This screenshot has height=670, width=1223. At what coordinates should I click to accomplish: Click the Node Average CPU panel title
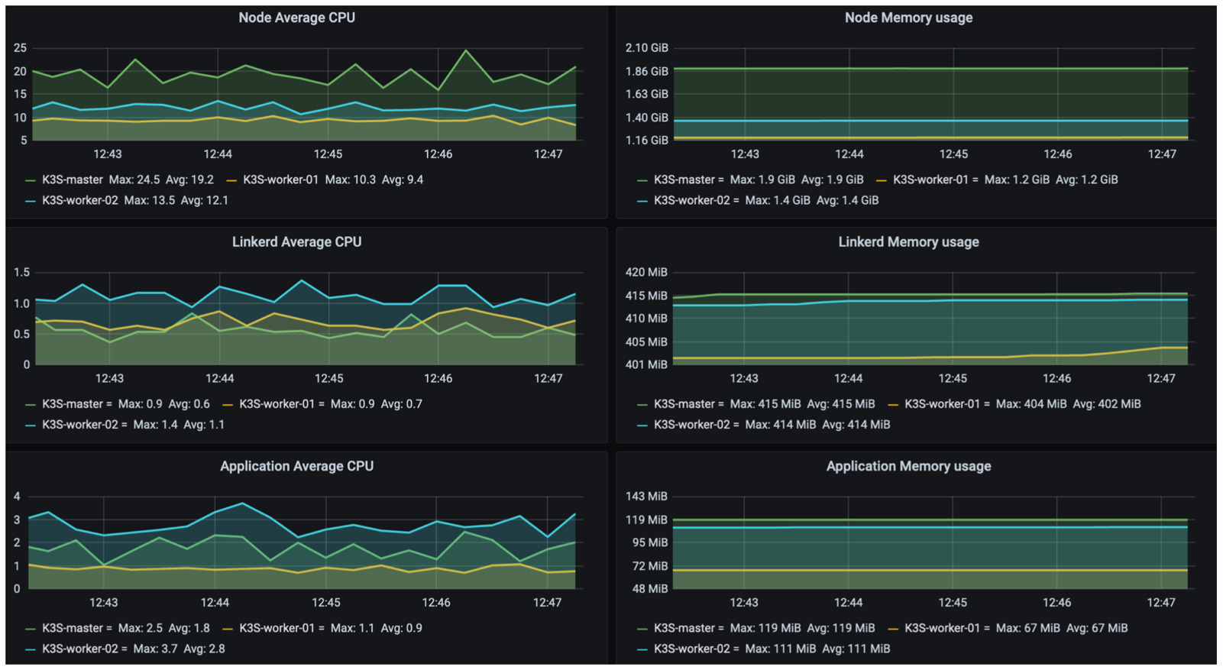[x=296, y=18]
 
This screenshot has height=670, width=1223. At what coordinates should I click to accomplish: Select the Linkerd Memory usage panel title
[x=908, y=242]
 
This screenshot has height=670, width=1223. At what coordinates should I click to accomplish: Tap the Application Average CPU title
[x=296, y=466]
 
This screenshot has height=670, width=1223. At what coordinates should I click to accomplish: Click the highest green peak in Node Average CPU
[x=466, y=50]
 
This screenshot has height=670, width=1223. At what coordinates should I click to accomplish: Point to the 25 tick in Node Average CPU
[x=20, y=48]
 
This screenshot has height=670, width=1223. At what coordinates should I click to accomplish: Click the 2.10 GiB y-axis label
[x=646, y=48]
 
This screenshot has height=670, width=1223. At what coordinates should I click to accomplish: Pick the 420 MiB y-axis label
[x=646, y=272]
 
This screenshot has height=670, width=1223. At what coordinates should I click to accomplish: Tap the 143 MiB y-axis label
[x=646, y=497]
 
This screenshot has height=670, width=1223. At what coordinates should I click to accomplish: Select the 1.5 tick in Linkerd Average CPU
[x=22, y=272]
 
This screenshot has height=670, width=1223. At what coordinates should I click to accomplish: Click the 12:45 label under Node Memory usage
[x=953, y=154]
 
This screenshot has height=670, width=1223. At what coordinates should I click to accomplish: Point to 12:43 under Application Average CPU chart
[x=104, y=602]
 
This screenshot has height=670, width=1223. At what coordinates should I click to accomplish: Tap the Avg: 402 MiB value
[x=1107, y=404]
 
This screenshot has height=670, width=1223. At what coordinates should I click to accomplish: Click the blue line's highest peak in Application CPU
[x=242, y=503]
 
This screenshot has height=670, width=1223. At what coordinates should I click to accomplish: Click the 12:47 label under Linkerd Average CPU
[x=548, y=378]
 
